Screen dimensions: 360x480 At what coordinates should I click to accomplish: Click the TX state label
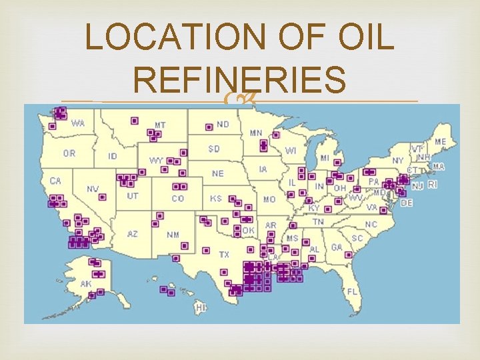click(224, 255)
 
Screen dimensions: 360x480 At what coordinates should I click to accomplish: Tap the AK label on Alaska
click(86, 283)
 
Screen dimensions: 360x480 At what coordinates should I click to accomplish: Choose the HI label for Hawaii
click(201, 308)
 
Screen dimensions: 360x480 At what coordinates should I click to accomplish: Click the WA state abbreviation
click(78, 123)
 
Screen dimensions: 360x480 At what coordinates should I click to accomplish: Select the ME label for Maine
click(441, 142)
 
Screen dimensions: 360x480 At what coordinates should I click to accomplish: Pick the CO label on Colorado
click(178, 199)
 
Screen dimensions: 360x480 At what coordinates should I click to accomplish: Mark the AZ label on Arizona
click(133, 234)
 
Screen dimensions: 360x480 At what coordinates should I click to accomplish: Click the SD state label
click(213, 148)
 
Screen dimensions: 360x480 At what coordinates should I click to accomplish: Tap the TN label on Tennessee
click(318, 221)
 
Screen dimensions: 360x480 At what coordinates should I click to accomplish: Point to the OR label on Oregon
click(69, 153)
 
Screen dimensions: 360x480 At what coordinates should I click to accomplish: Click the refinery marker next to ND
click(209, 126)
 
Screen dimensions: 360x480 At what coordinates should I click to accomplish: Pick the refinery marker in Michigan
click(339, 162)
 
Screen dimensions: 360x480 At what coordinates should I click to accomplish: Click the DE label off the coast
click(406, 203)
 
